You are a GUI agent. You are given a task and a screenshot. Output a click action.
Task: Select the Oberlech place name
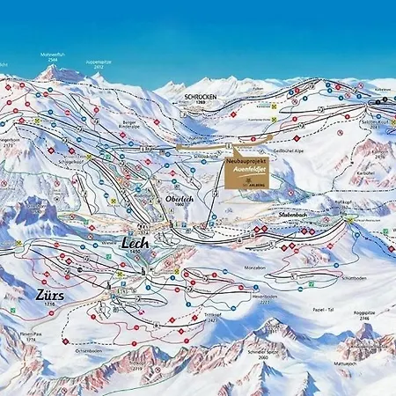click(179, 200)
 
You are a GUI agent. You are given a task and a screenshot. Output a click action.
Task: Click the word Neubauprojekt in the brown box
click(246, 164)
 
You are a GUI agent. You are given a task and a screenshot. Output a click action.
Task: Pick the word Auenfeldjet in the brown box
click(246, 172)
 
